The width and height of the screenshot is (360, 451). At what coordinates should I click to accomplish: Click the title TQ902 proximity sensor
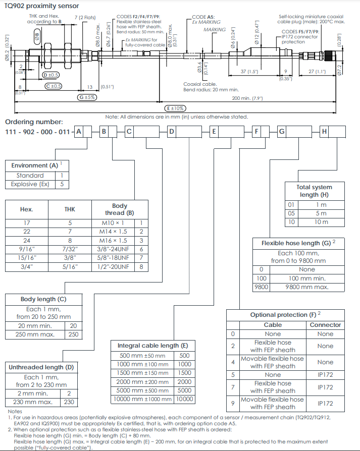tap(41, 6)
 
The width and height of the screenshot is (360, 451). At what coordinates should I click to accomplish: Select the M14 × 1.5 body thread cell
tap(113, 232)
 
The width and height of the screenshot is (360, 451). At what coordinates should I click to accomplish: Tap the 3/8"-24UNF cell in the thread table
tap(113, 249)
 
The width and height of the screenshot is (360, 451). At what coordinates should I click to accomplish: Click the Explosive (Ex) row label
tap(30, 184)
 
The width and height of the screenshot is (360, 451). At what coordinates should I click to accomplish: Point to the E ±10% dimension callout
tap(175, 108)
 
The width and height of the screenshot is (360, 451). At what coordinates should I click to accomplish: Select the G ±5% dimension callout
tap(87, 97)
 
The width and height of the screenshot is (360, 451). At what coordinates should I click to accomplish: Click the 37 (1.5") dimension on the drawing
tap(249, 72)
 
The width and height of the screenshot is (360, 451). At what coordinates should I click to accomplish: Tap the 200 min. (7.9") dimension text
tap(247, 98)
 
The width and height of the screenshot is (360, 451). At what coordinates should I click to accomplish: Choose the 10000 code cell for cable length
tap(184, 399)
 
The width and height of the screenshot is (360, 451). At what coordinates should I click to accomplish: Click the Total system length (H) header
tap(315, 191)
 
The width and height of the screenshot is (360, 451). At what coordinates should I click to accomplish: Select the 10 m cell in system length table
tap(321, 222)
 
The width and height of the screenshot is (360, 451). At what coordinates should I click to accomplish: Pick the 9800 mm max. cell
tap(307, 287)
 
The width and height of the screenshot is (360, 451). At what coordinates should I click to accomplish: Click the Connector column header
tap(325, 325)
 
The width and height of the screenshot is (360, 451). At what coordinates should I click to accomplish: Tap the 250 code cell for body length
tap(73, 334)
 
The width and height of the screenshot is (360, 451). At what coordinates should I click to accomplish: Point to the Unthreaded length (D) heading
tap(41, 367)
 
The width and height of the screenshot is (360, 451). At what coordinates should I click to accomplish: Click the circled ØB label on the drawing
tap(37, 37)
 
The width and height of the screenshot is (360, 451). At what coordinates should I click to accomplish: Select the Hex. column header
tap(26, 209)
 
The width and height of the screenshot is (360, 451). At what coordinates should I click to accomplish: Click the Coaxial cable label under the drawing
tap(200, 84)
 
